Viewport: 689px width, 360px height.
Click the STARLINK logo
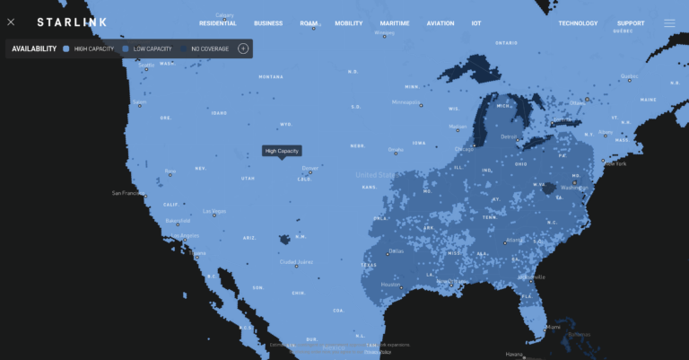[71, 22]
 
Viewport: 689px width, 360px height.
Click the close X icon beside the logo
[11, 22]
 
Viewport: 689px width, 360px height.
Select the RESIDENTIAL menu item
[217, 23]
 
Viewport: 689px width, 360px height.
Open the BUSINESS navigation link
[268, 23]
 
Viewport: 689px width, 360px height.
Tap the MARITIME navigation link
[395, 23]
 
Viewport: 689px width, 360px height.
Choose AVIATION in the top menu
[440, 23]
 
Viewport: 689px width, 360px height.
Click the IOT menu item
[476, 23]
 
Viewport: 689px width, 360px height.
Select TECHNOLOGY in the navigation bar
[578, 23]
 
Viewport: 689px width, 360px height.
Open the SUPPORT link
[631, 23]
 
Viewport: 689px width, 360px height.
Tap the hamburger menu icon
[669, 23]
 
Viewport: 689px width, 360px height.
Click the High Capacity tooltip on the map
[282, 151]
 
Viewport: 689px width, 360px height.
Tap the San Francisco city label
[128, 193]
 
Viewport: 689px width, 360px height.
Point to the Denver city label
[310, 168]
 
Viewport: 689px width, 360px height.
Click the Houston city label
[390, 285]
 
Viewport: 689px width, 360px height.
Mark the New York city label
[615, 163]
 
